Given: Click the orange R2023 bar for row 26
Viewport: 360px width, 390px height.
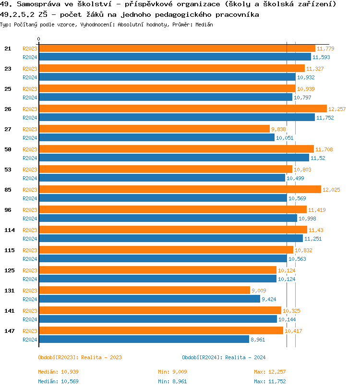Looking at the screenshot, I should pyautogui.click(x=182, y=109).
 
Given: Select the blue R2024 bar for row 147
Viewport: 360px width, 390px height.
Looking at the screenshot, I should pyautogui.click(x=144, y=339).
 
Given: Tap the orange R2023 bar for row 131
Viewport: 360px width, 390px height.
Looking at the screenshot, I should pyautogui.click(x=144, y=290).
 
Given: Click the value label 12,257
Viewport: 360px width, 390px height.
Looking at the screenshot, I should pyautogui.click(x=337, y=109).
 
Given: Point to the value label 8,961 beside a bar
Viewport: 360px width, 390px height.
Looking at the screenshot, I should pyautogui.click(x=258, y=340).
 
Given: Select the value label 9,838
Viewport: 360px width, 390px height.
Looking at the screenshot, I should pyautogui.click(x=278, y=129).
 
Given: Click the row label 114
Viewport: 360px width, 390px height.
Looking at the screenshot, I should pyautogui.click(x=10, y=230).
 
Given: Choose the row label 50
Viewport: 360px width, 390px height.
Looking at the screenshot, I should pyautogui.click(x=8, y=149).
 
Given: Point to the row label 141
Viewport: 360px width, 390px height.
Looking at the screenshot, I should pyautogui.click(x=10, y=311).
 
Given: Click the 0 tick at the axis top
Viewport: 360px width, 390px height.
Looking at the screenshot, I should pyautogui.click(x=39, y=39).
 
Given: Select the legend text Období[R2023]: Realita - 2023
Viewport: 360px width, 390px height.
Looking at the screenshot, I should pyautogui.click(x=80, y=357).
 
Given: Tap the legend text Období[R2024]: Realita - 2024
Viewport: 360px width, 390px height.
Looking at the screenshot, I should pyautogui.click(x=224, y=357).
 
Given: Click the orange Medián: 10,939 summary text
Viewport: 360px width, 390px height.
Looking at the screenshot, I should pyautogui.click(x=58, y=372).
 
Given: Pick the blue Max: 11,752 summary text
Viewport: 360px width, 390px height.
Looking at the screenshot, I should pyautogui.click(x=270, y=381).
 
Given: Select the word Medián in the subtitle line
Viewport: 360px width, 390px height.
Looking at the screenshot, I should pyautogui.click(x=204, y=24).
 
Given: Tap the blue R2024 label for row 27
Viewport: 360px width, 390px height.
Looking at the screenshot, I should pyautogui.click(x=30, y=138).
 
